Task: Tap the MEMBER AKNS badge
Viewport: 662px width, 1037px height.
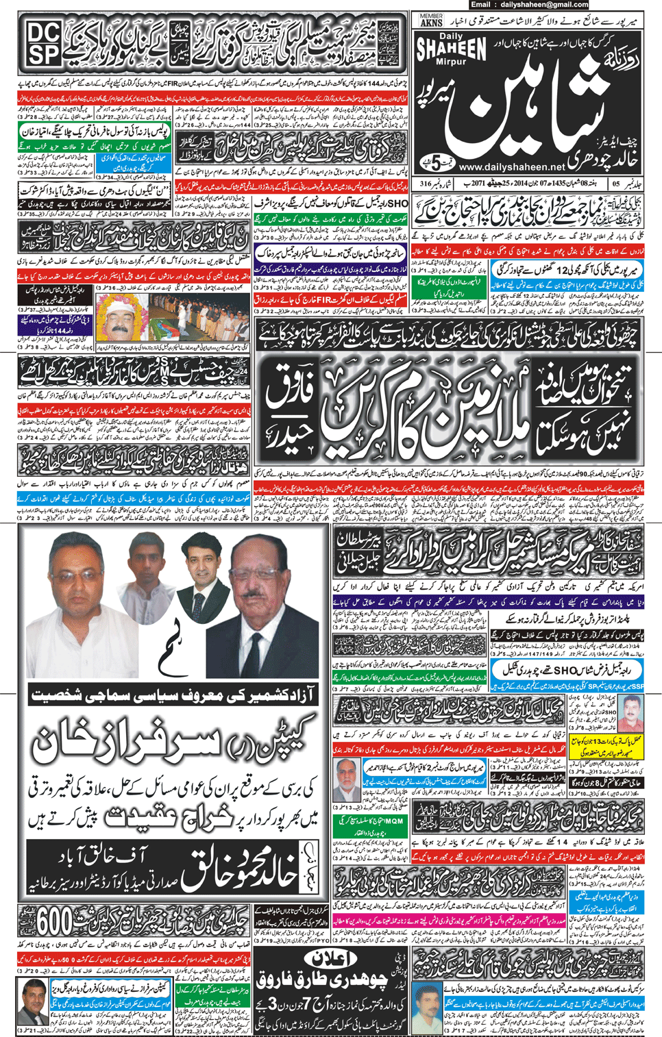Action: [x=431, y=20]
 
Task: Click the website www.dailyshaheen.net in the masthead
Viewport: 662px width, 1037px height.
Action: [x=512, y=166]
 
